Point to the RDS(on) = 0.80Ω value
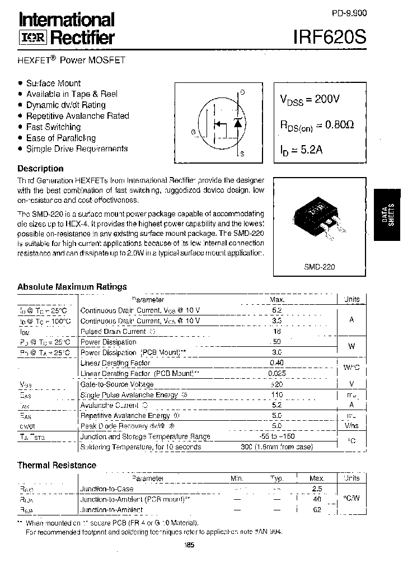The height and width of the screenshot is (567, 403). tap(316, 126)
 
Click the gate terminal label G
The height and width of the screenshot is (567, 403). tap(193, 132)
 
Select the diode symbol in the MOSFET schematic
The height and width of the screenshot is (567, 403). tap(237, 123)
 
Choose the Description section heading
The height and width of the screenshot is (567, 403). tap(40, 168)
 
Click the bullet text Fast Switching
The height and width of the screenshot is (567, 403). tap(53, 127)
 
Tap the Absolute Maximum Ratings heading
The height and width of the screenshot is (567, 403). tap(72, 286)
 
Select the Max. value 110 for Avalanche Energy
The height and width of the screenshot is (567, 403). tap(277, 395)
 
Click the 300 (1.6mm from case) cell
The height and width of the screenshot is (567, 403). tap(277, 447)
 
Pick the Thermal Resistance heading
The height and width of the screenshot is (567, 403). tap(57, 465)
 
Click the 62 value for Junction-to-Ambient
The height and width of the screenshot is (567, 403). tap(317, 510)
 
